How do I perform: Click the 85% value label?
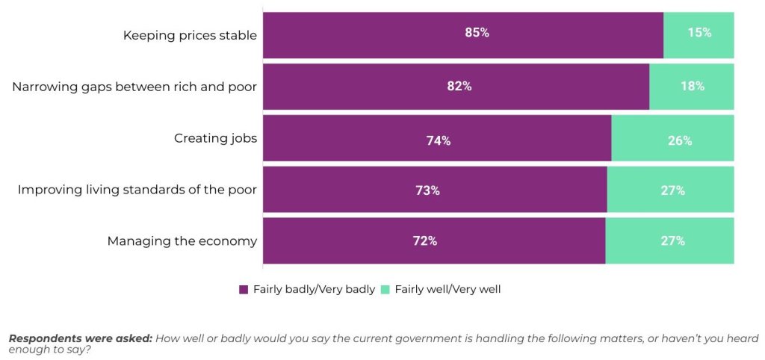click(x=477, y=33)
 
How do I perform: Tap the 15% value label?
click(x=699, y=33)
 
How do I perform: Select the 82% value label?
click(x=459, y=86)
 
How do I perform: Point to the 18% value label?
click(x=693, y=86)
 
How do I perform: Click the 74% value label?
click(x=438, y=140)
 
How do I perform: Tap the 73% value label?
click(x=427, y=190)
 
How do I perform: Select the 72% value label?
click(x=425, y=241)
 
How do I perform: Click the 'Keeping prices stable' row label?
click(x=190, y=35)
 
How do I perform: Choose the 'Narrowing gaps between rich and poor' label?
click(x=134, y=87)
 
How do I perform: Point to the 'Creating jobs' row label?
click(x=215, y=138)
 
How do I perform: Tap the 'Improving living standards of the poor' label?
click(x=137, y=190)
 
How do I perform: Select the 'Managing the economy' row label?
click(x=182, y=241)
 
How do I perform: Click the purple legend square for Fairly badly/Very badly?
click(x=244, y=290)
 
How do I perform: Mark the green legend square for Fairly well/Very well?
click(x=385, y=290)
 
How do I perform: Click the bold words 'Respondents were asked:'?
click(x=80, y=338)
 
